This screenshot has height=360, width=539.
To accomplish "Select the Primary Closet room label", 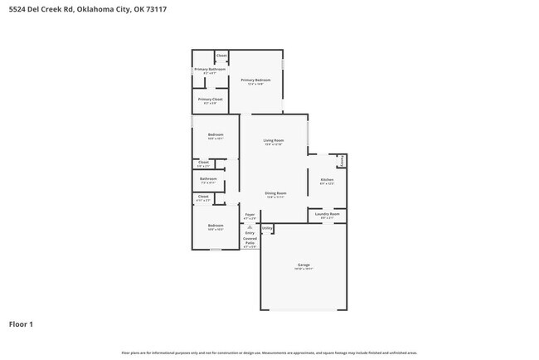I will point(210,99).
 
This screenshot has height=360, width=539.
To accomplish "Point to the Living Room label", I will point(274,140).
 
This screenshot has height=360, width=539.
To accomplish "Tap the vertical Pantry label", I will point(342,160).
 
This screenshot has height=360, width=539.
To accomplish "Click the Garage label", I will point(303,265).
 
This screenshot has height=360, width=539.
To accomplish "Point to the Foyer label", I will point(250,215).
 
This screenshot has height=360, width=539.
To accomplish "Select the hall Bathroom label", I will point(208,178).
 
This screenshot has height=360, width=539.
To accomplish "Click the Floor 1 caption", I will point(21,324).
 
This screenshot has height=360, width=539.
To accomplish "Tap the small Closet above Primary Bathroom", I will point(221,56).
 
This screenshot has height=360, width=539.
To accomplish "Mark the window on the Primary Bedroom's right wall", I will point(283,65).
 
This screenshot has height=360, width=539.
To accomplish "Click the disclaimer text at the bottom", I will point(269,353).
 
